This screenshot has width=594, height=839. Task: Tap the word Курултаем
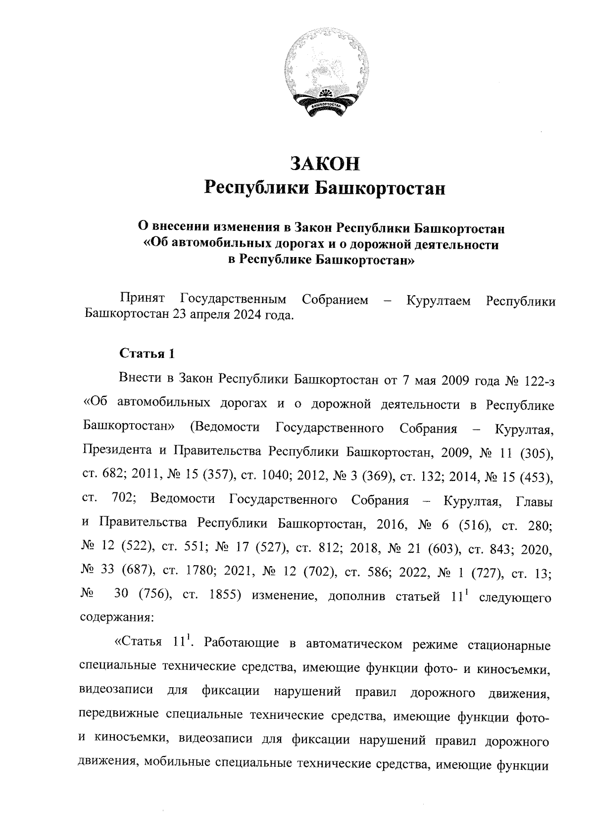(x=439, y=300)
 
